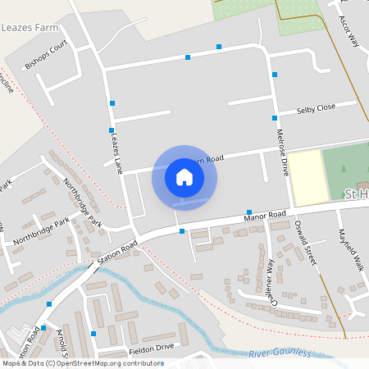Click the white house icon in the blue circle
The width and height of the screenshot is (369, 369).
coord(184,177)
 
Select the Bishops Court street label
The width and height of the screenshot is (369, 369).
coord(46,55)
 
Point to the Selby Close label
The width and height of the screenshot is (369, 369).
coord(316,108)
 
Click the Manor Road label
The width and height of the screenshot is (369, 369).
coord(265,216)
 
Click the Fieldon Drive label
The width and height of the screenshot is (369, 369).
coord(153,348)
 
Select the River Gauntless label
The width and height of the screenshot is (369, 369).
coord(281,353)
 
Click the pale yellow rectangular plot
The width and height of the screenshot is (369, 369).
coord(305,178)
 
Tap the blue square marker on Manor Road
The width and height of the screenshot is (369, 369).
coord(182,232)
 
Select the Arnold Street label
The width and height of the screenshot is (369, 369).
coord(63,338)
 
